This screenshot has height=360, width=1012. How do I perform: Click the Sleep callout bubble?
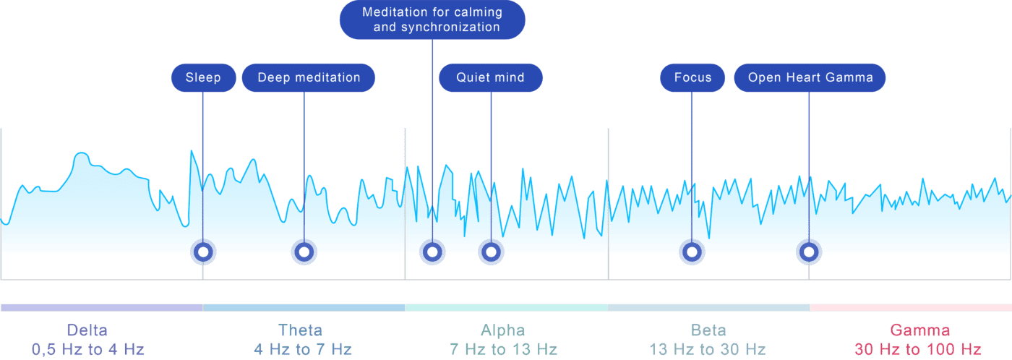203,77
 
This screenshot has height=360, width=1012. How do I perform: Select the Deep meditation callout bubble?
309,77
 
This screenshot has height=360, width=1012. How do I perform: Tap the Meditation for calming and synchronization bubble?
432,20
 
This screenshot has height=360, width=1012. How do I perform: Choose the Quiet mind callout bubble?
491,77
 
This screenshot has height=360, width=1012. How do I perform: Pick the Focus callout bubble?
692,77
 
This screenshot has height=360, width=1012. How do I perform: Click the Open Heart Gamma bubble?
810,77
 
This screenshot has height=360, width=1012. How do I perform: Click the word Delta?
87,330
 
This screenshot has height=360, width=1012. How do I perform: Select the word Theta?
301,330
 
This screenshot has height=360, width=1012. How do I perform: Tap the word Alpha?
503,330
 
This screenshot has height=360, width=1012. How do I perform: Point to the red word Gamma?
919,330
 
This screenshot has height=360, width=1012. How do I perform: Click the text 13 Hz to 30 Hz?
708,349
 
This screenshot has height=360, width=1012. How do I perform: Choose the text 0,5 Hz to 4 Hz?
88,349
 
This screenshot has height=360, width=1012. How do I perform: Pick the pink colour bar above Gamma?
911,308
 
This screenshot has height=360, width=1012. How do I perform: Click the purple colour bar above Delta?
102,308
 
